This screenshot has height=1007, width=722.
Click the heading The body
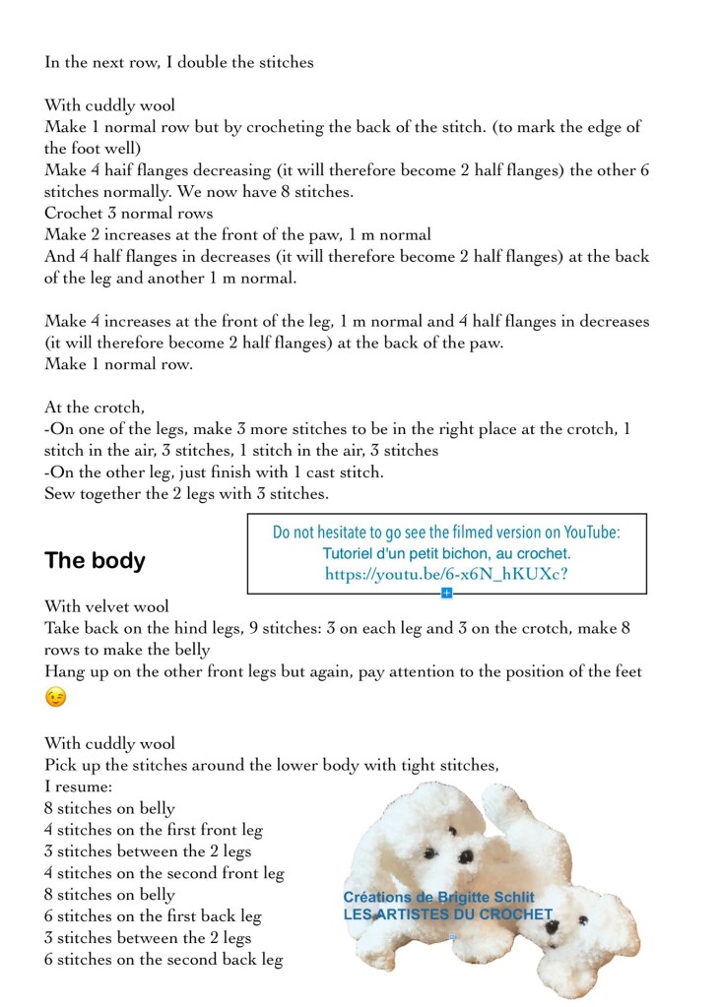[x=95, y=561]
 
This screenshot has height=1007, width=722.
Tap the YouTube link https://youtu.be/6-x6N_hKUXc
[x=446, y=574]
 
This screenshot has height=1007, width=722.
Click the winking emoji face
[x=56, y=698]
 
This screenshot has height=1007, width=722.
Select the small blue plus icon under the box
[x=446, y=593]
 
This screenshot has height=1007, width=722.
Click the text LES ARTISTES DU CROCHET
[x=447, y=914]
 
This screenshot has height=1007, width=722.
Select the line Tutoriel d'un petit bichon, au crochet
[x=446, y=553]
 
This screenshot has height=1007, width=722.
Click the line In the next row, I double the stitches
[x=179, y=62]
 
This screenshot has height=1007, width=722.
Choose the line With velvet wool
[x=106, y=607]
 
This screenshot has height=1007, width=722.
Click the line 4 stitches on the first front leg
[x=154, y=830]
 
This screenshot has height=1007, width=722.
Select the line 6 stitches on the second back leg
[x=164, y=960]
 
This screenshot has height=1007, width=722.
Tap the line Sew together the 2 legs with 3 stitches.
[x=186, y=494]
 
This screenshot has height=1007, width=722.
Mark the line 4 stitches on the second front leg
[x=164, y=873]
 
